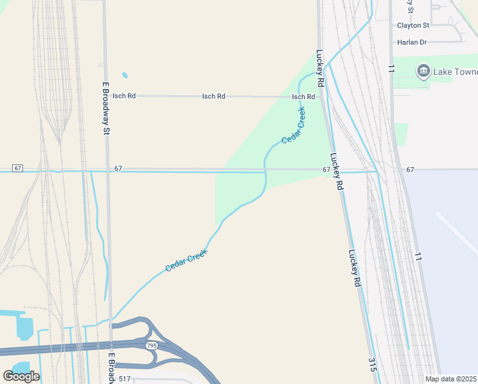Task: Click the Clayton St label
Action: point(413,26)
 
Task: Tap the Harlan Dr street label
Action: point(412,42)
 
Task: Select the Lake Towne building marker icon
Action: point(422,71)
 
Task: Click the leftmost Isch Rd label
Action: point(124,96)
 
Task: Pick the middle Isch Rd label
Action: point(213,97)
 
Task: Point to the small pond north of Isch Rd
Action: point(125,76)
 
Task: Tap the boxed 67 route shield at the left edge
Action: point(17,168)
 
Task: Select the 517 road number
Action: point(124,379)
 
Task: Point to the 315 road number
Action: point(371,365)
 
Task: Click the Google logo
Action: point(21,376)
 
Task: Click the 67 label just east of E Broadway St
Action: point(118,169)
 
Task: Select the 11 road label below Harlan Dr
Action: point(390,67)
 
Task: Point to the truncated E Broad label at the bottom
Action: point(111,367)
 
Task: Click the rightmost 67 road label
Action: point(410,170)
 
